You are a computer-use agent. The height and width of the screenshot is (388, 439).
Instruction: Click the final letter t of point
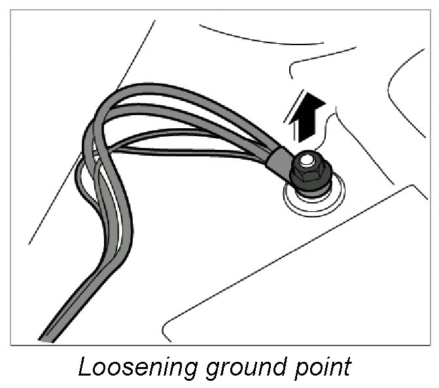click(x=347, y=366)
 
